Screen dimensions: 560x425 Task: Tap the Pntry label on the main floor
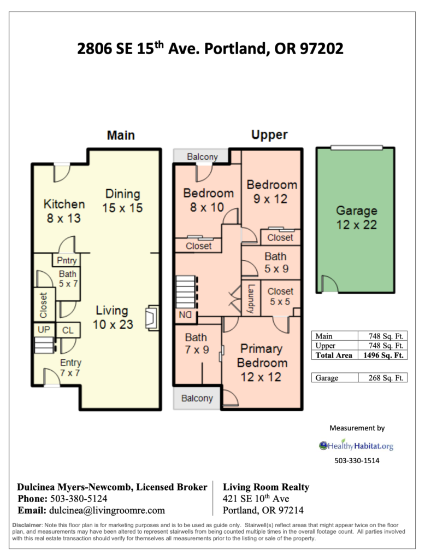click(x=67, y=260)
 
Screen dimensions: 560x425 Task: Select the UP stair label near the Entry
click(x=43, y=330)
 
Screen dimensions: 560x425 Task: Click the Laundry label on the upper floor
click(x=251, y=299)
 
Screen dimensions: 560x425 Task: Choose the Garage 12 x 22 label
click(x=356, y=217)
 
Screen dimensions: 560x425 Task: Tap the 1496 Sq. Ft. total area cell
click(x=382, y=355)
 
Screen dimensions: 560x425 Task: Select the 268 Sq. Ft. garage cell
click(x=382, y=377)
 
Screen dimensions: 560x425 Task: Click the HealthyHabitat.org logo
click(x=356, y=446)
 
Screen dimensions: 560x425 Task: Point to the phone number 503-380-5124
click(x=79, y=499)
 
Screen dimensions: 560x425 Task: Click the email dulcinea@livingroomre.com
click(x=107, y=510)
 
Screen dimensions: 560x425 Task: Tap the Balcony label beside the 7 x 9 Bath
click(x=197, y=398)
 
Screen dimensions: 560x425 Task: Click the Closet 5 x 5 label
click(x=280, y=297)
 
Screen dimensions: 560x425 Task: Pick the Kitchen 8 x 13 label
click(x=64, y=211)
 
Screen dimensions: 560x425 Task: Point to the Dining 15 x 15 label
click(x=123, y=201)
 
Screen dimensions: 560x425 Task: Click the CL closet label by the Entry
click(x=68, y=330)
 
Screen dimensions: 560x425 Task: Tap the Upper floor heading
click(x=269, y=135)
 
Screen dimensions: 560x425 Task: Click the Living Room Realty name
click(x=266, y=487)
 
